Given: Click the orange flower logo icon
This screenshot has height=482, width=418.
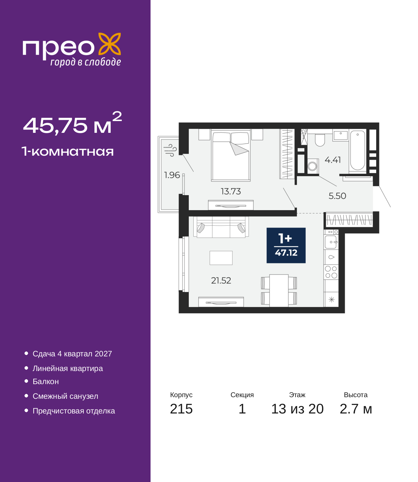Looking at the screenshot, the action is tap(109, 44).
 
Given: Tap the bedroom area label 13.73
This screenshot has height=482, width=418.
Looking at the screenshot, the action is tap(231, 192).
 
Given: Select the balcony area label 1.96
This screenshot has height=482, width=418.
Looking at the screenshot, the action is tap(172, 175).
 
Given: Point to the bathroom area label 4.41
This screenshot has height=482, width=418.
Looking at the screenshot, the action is tap(332, 160).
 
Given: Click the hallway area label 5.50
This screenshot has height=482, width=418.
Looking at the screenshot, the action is tap(337, 196).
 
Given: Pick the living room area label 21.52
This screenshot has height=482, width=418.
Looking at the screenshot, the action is tap(221, 281).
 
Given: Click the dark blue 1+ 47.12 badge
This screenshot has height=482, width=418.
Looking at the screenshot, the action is tap(286, 245).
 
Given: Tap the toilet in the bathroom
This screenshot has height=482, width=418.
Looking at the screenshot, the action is tap(320, 140).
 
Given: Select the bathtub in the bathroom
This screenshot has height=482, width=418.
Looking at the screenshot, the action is tap(357, 150).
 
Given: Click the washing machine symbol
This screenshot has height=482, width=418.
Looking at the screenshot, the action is tap(312, 166).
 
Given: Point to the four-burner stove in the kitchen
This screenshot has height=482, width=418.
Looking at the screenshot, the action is tap(331, 272).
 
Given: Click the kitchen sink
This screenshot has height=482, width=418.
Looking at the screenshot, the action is tap(331, 242).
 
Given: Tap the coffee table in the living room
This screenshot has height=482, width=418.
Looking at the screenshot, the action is tap(221, 258).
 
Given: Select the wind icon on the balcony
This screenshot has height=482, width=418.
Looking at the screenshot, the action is tap(170, 150).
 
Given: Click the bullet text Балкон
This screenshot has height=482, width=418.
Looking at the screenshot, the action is tap(46, 381).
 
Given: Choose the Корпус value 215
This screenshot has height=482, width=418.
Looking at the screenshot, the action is tap(181, 409).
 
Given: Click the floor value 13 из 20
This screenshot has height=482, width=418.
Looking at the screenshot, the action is tap(297, 409).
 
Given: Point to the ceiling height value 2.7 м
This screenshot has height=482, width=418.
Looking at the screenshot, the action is tap(356, 409).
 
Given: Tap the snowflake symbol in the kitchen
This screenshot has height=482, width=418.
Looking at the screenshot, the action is tap(331, 300).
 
